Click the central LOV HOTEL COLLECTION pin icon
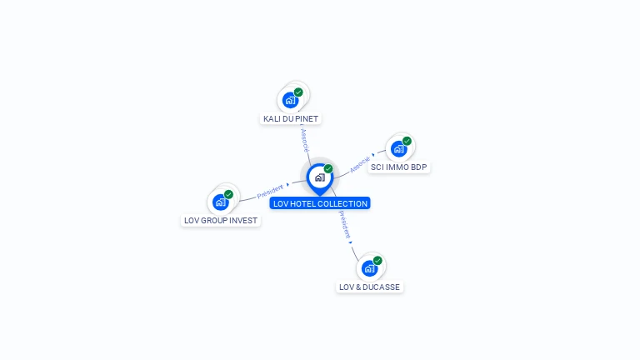(319, 177)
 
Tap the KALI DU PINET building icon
(290, 100)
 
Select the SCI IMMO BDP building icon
(398, 149)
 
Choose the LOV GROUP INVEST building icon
(220, 202)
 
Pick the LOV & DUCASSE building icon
(369, 268)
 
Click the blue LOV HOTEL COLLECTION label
(319, 203)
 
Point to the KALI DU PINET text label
(291, 119)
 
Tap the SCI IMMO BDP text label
(398, 167)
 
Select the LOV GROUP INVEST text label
(221, 221)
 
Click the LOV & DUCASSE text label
(369, 287)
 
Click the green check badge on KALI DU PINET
(298, 92)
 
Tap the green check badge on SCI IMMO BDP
(407, 141)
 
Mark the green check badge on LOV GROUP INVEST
(228, 194)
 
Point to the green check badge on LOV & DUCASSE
(377, 260)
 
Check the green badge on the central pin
(328, 168)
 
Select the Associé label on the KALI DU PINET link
(305, 139)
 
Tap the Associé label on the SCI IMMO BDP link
(360, 162)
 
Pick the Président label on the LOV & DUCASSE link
(344, 223)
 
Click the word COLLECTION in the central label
(344, 203)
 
